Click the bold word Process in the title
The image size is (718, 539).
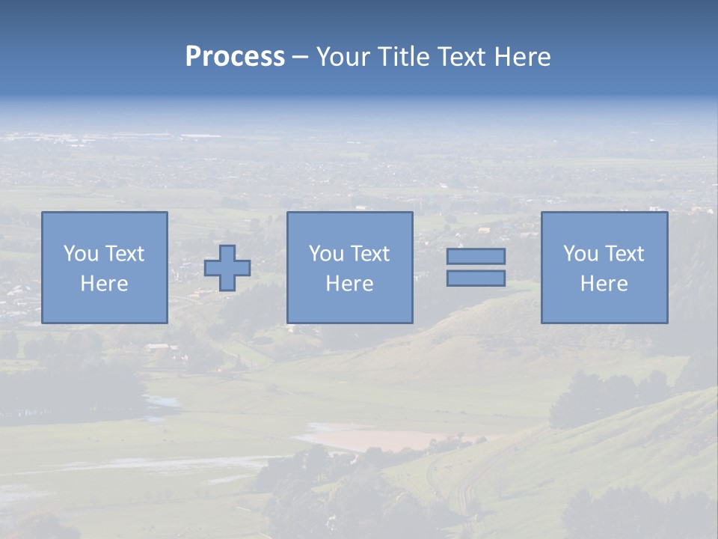click(x=235, y=57)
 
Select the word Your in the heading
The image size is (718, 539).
click(x=344, y=57)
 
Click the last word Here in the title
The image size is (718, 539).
click(x=522, y=57)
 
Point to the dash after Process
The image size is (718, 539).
click(x=300, y=57)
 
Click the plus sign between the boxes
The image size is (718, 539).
click(x=227, y=268)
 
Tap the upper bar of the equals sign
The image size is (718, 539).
click(x=476, y=256)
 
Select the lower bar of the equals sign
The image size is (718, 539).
click(x=476, y=278)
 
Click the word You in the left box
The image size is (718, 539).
click(x=81, y=254)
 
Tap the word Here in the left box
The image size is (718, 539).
click(x=104, y=284)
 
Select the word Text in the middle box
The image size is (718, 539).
click(x=369, y=254)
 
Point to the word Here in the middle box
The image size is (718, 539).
click(x=349, y=284)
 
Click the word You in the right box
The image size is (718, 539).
click(x=580, y=254)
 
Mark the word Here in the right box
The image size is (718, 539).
click(x=604, y=284)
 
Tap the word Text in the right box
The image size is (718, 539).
click(x=624, y=254)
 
